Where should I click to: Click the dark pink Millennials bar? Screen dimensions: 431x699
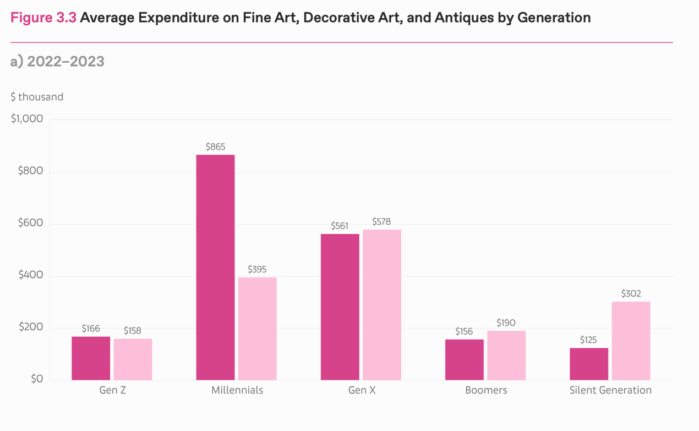[215, 267]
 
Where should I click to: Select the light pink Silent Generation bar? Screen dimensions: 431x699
[631, 341]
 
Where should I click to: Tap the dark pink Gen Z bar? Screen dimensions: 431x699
[91, 358]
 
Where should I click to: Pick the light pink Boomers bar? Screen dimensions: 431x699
[506, 355]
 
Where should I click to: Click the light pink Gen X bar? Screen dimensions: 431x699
[381, 305]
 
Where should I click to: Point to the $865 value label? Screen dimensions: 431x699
[215, 147]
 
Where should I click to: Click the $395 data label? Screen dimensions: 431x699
[257, 270]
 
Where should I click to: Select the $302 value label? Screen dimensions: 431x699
[631, 294]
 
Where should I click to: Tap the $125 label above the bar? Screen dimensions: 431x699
[588, 340]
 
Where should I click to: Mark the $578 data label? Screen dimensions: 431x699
[381, 222]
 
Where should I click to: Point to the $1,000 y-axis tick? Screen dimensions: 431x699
[26, 119]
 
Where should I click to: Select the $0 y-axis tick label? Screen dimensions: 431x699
[36, 379]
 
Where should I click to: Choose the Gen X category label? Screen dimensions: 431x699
[362, 390]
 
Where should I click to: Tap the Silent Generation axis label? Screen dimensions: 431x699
[610, 390]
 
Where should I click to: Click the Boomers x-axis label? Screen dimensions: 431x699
[486, 390]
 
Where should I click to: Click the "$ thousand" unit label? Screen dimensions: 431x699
[37, 97]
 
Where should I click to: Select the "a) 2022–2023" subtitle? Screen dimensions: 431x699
[57, 61]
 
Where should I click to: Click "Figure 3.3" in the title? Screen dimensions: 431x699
[43, 18]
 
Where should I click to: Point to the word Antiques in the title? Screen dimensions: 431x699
[460, 18]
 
